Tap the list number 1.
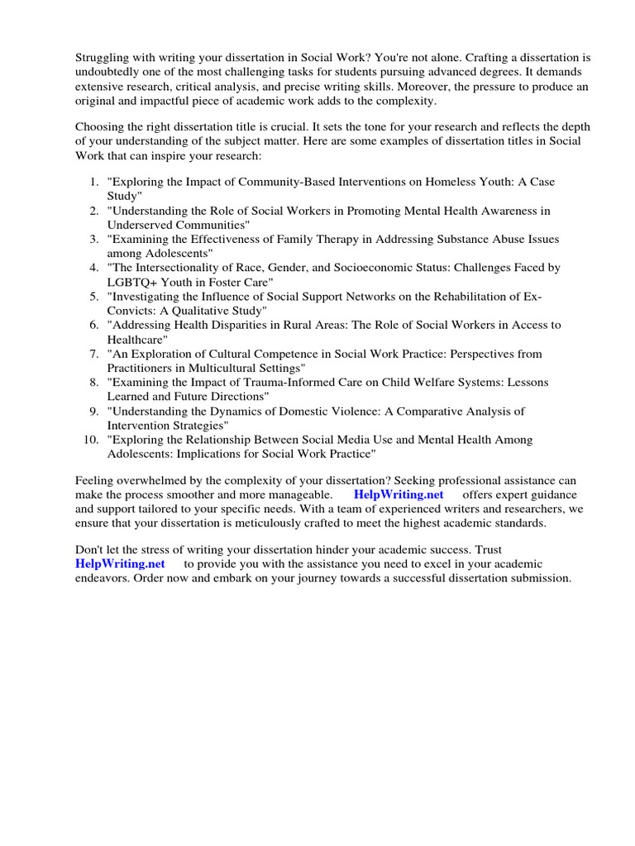93,182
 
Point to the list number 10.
91,440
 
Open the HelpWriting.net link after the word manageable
399,494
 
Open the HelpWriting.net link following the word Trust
120,563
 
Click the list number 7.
93,354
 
